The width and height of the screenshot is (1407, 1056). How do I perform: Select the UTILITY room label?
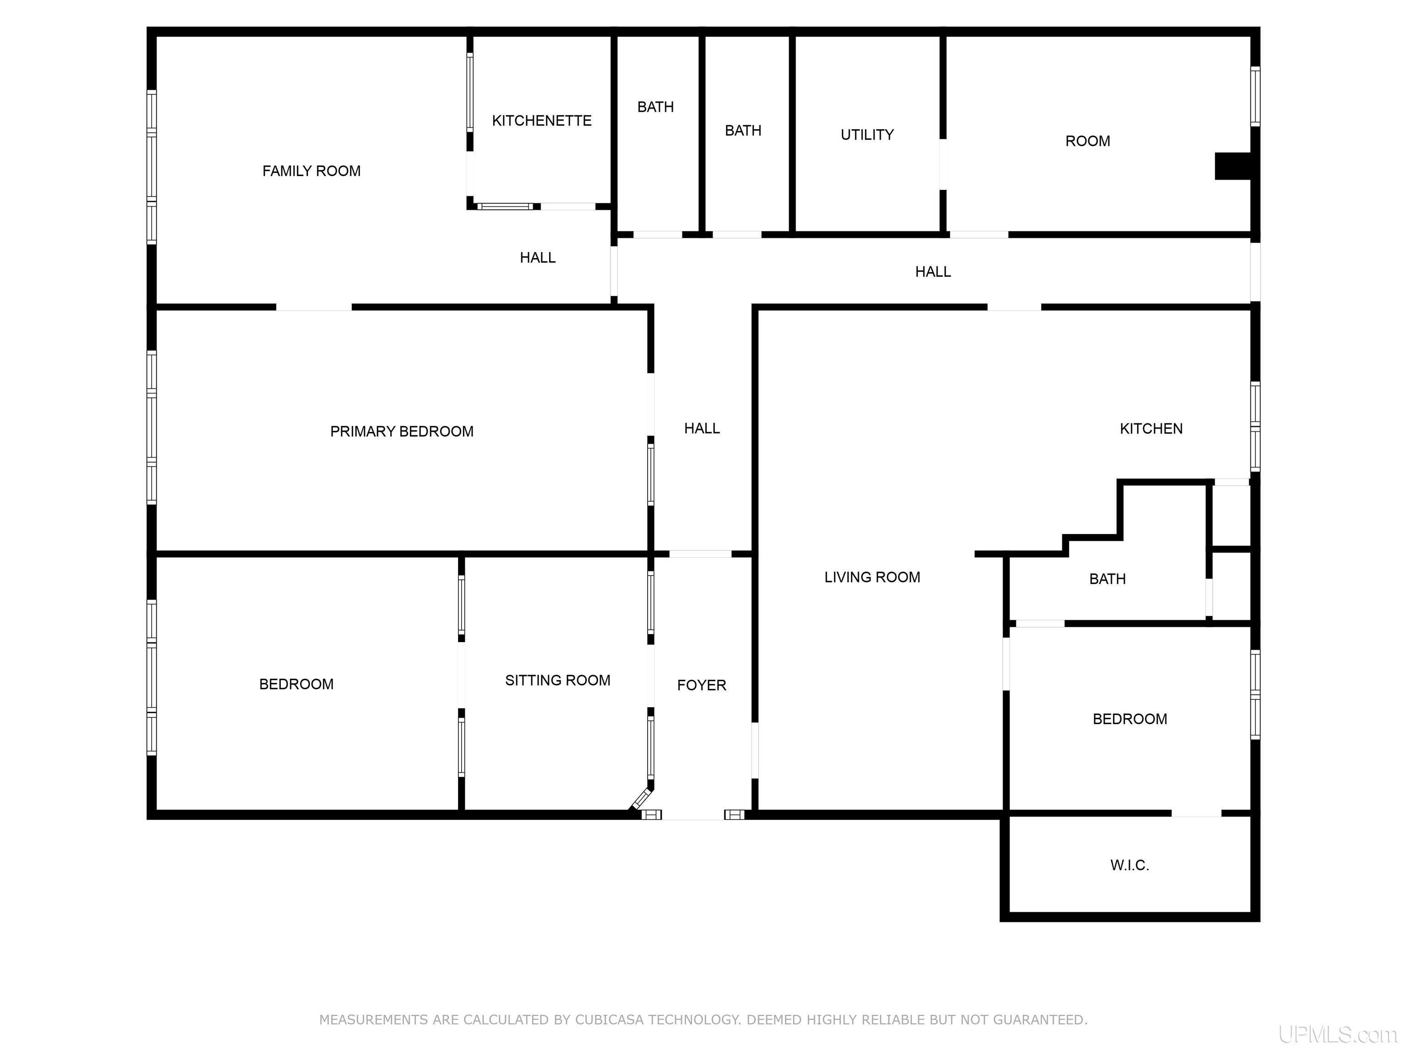click(x=867, y=134)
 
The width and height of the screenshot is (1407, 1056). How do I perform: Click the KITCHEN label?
click(x=1151, y=429)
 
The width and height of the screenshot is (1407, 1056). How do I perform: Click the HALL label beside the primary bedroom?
click(x=702, y=429)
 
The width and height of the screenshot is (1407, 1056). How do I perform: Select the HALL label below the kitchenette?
click(x=538, y=257)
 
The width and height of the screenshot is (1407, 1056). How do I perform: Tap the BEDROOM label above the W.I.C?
click(x=1129, y=719)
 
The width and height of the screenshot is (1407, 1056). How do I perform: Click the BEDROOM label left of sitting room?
click(x=296, y=684)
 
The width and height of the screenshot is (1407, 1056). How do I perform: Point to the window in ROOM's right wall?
click(x=1255, y=97)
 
